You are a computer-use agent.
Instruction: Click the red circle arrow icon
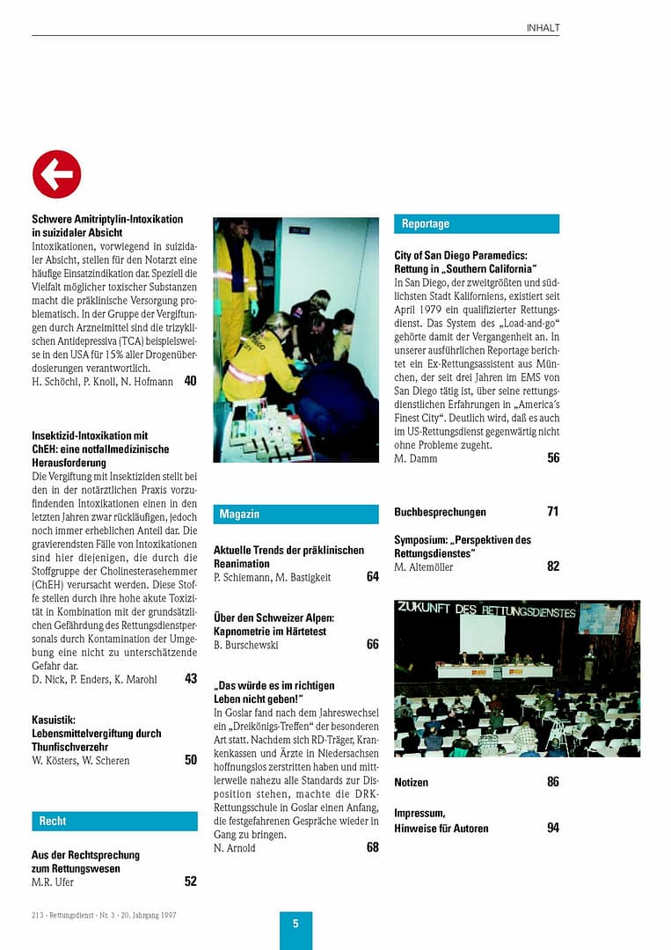[56, 174]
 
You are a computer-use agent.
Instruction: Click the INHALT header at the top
[543, 27]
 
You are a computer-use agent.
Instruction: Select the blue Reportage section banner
[476, 224]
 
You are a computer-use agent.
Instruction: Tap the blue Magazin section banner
[295, 514]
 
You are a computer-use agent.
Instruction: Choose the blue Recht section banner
[114, 821]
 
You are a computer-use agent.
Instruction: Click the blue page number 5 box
[295, 924]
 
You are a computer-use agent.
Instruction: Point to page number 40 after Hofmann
[190, 381]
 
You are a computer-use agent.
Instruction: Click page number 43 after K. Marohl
[190, 678]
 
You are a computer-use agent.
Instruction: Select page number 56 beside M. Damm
[552, 458]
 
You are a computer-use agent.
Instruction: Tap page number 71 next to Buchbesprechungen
[552, 512]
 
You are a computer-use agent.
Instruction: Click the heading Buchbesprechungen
[440, 512]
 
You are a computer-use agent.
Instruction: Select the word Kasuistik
[54, 720]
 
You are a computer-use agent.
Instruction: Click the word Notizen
[412, 782]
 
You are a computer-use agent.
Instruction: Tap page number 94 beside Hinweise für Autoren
[552, 828]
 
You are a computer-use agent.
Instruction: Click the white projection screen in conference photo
[482, 632]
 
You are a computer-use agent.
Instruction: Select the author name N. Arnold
[235, 848]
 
